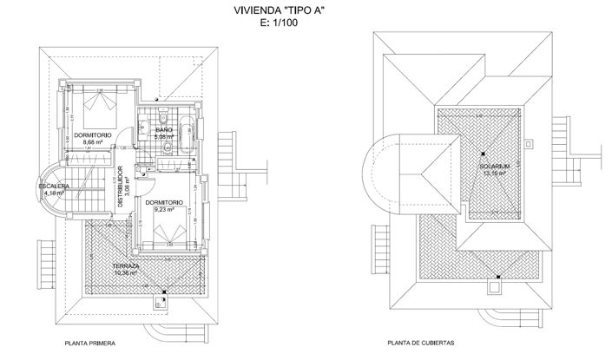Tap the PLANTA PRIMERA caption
[90, 344]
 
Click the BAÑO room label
[164, 130]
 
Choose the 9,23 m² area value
[164, 210]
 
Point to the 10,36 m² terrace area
[127, 273]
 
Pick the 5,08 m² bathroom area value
[164, 137]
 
